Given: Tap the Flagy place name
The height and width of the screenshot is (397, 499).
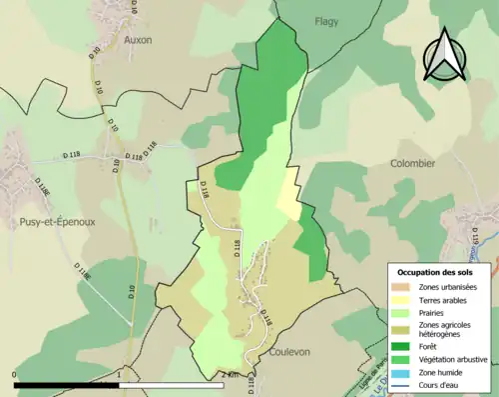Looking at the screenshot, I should [x=326, y=21].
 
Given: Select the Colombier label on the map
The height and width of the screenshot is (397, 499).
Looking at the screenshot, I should [x=412, y=162].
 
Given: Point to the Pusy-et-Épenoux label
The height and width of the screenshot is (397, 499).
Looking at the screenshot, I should [x=49, y=222].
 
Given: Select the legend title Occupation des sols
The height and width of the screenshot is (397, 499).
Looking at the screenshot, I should [x=437, y=272].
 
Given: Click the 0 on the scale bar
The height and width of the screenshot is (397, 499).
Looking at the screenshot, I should [x=15, y=375].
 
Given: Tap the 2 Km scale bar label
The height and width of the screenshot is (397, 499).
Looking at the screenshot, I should [x=232, y=375].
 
